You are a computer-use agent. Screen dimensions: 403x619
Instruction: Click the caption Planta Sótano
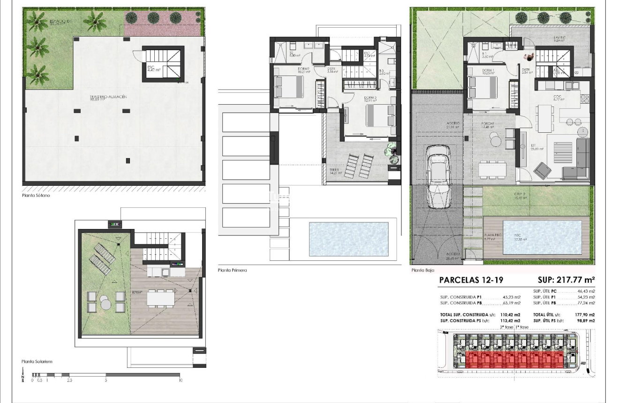point(36,195)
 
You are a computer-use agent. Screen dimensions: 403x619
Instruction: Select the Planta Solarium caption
point(37,362)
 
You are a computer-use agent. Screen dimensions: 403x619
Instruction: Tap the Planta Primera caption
point(233,270)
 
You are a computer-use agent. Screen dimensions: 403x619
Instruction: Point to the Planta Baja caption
point(423,270)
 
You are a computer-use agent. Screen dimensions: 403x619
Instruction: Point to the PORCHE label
point(488,124)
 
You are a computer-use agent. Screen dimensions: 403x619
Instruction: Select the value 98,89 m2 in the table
point(586,320)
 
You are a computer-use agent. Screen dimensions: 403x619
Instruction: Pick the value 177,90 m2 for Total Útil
point(585,315)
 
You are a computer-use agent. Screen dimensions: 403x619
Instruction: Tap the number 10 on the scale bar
point(181,380)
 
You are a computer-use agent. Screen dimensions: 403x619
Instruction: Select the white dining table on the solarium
point(160,297)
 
